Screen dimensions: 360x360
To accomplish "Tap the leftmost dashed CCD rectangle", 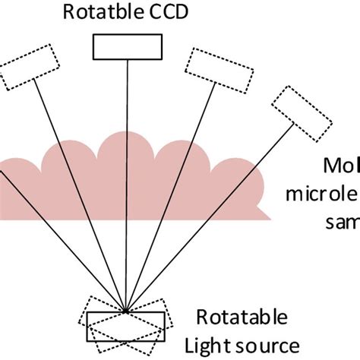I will [x=28, y=66].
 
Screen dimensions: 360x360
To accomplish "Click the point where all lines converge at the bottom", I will [x=124, y=310].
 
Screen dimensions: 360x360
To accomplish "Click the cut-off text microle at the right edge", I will [x=323, y=194].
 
